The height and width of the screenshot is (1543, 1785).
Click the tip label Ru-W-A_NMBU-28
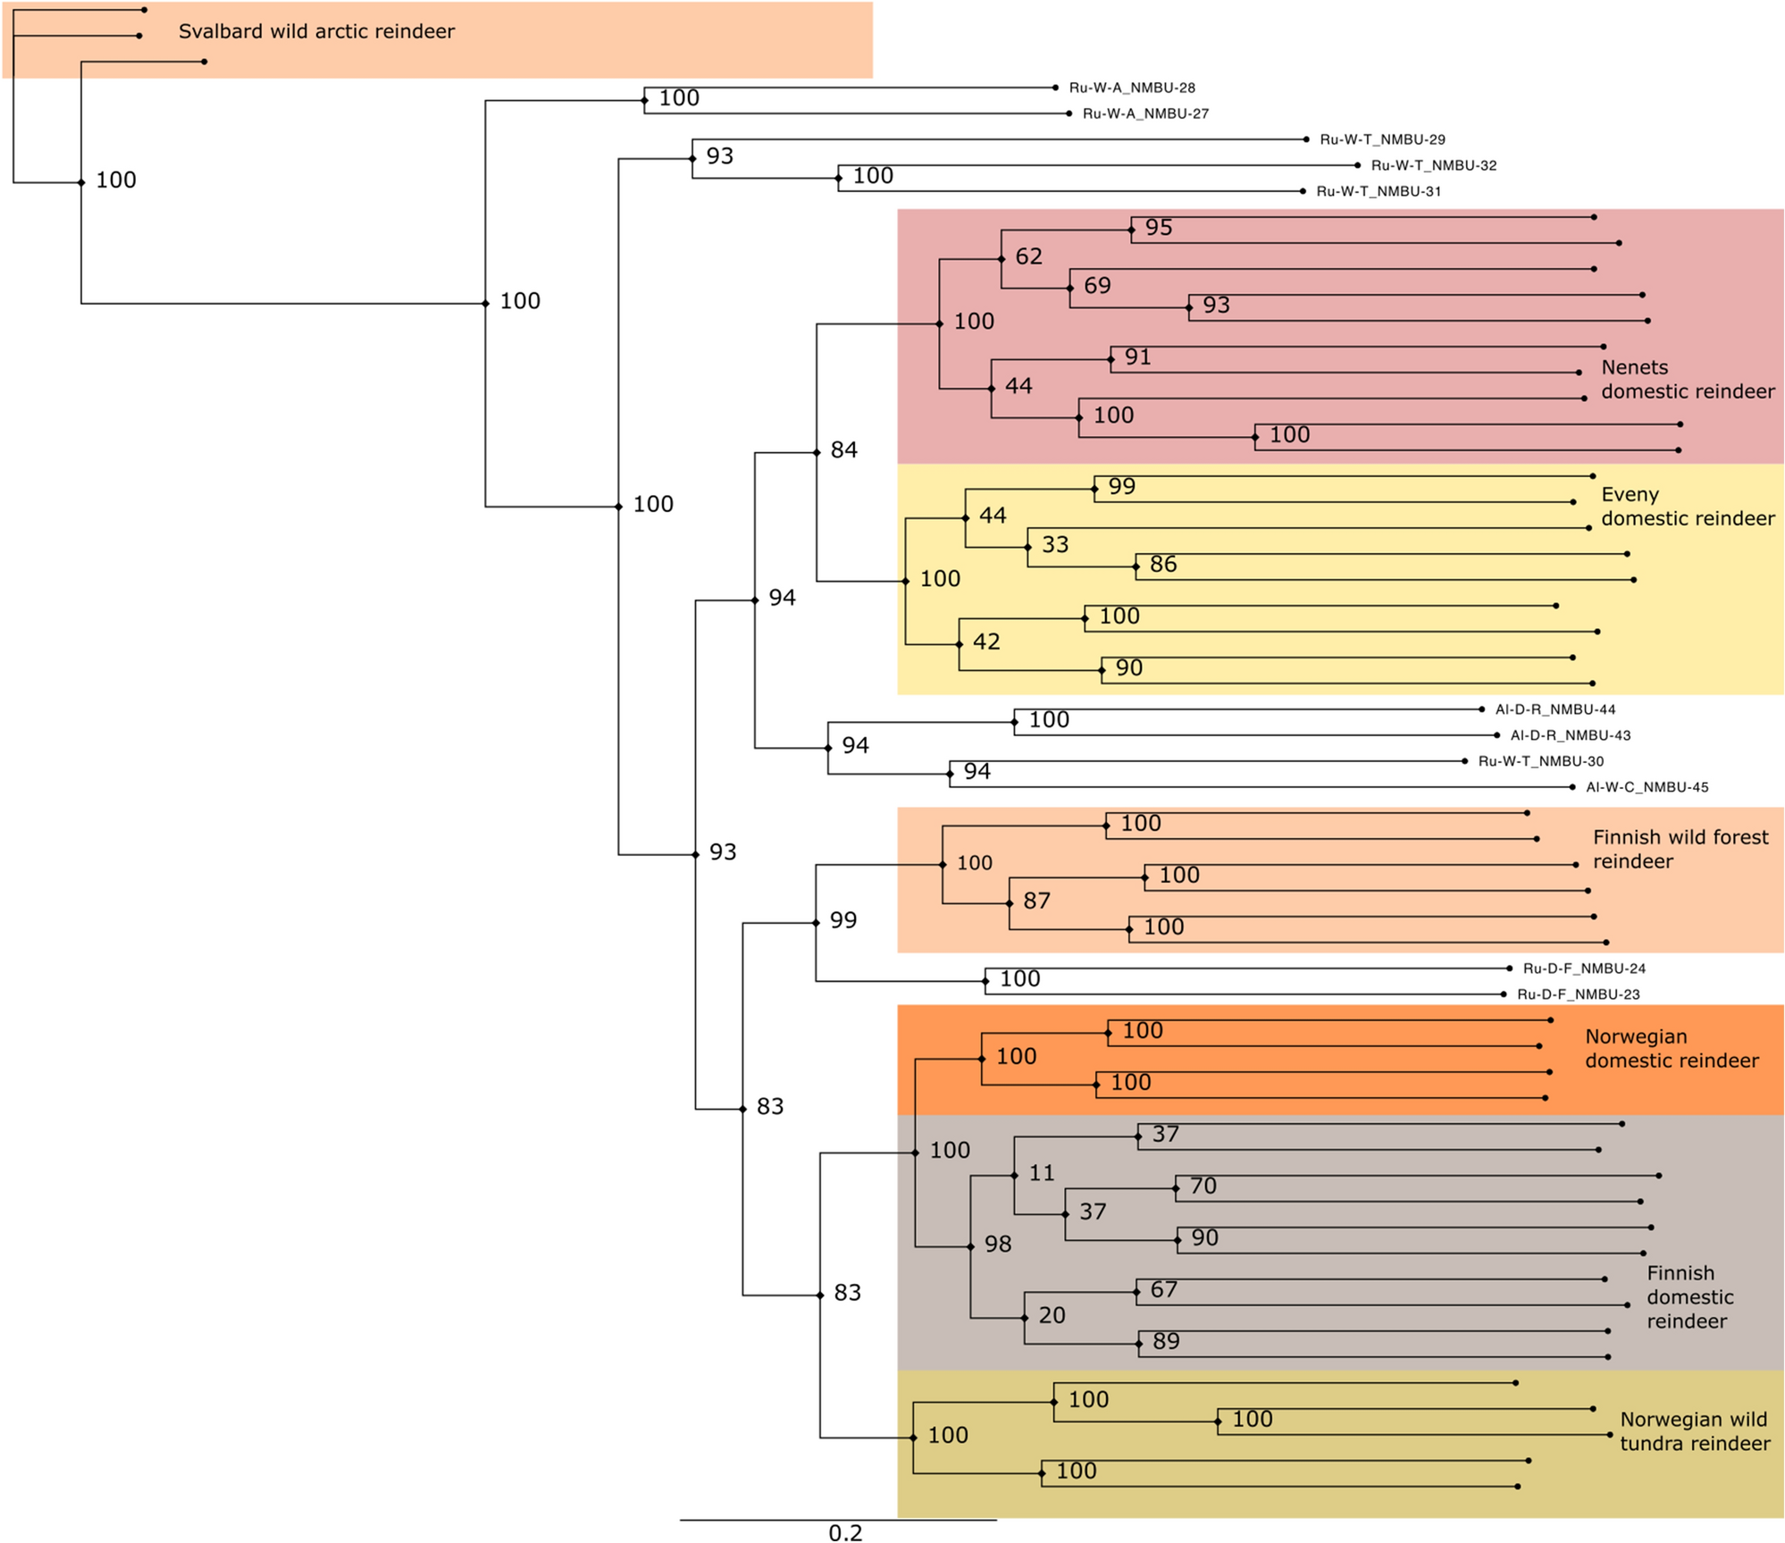tap(1132, 88)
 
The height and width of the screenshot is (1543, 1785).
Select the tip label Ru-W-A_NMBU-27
tap(1145, 113)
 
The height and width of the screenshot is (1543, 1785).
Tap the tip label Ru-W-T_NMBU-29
tap(1382, 139)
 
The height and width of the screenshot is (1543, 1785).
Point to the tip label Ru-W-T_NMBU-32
tap(1434, 165)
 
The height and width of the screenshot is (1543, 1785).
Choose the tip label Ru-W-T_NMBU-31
tap(1379, 191)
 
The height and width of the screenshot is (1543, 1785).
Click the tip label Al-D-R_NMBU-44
tap(1555, 709)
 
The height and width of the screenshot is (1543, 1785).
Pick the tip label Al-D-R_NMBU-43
tap(1571, 735)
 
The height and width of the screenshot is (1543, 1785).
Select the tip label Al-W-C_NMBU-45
tap(1647, 787)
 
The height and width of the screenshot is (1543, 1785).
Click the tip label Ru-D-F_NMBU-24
tap(1584, 969)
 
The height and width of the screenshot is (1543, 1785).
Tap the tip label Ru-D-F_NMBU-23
tap(1579, 994)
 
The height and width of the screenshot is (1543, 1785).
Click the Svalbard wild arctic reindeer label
tap(316, 31)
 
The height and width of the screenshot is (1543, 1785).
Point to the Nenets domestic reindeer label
tap(1688, 380)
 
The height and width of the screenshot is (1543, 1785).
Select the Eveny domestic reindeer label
tap(1688, 507)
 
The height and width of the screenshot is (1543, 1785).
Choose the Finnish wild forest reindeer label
tap(1680, 850)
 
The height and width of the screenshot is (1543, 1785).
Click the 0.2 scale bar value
tap(845, 1533)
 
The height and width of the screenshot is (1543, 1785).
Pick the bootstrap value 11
tap(1042, 1173)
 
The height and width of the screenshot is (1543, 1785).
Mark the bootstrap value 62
tap(1028, 256)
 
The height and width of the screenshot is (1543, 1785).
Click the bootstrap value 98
tap(998, 1244)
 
